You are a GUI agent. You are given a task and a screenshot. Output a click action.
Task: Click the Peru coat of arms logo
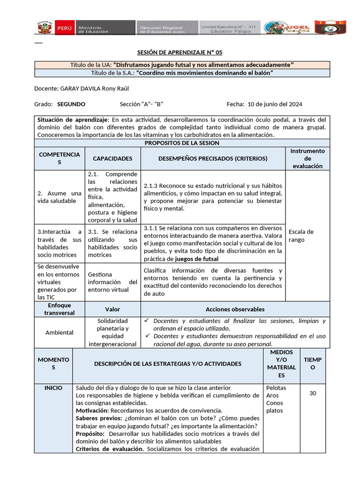coord(45,27)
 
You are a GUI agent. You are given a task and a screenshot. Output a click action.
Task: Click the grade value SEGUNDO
coord(71,104)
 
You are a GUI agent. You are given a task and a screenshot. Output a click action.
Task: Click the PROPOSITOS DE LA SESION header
coord(182,143)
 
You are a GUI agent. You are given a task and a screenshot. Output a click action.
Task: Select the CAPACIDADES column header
coord(112,158)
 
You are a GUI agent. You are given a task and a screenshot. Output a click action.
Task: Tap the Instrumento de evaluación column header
coord(307,158)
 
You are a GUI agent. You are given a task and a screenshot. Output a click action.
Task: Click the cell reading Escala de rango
coord(301,235)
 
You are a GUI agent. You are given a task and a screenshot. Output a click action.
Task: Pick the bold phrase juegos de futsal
coord(196,259)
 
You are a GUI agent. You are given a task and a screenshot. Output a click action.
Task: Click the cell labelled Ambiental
coord(60,332)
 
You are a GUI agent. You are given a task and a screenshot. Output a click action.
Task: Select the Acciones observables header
coord(235,309)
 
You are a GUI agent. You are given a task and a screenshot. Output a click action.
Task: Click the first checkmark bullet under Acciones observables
coord(147,321)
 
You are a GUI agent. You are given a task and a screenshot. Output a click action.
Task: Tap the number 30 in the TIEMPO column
coord(313,393)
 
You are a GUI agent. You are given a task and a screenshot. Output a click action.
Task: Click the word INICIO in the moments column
coord(53,388)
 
